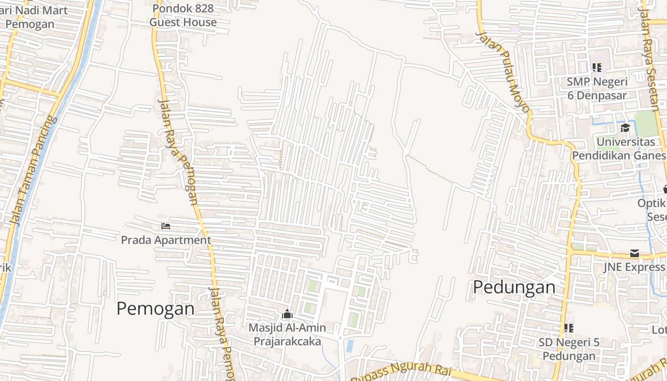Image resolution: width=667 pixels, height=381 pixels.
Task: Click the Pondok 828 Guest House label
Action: coord(183,15)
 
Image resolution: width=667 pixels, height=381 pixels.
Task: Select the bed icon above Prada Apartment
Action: coord(166,226)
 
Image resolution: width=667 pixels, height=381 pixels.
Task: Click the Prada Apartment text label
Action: coord(166,240)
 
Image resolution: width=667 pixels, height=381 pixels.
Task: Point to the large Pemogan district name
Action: coord(155,309)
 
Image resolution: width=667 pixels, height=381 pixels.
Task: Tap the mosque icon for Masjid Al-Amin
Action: coord(287,314)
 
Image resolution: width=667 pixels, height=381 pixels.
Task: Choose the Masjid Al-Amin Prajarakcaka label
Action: coord(287,335)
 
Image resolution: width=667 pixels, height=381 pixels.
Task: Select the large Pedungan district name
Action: coord(514,288)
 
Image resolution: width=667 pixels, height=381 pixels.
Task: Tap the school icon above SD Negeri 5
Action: coord(568,328)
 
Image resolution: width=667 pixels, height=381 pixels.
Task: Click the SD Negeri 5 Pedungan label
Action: coord(569,349)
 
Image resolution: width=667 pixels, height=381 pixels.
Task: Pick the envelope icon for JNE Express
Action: coord(634,253)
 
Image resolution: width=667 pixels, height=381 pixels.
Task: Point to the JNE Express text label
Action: coord(634,267)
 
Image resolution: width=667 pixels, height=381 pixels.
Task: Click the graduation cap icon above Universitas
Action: coord(625,128)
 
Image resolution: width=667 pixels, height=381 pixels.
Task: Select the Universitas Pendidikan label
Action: coord(619,149)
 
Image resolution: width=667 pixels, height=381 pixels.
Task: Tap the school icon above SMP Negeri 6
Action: coord(596,68)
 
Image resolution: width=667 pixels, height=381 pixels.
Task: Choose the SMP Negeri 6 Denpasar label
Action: coord(596,89)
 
